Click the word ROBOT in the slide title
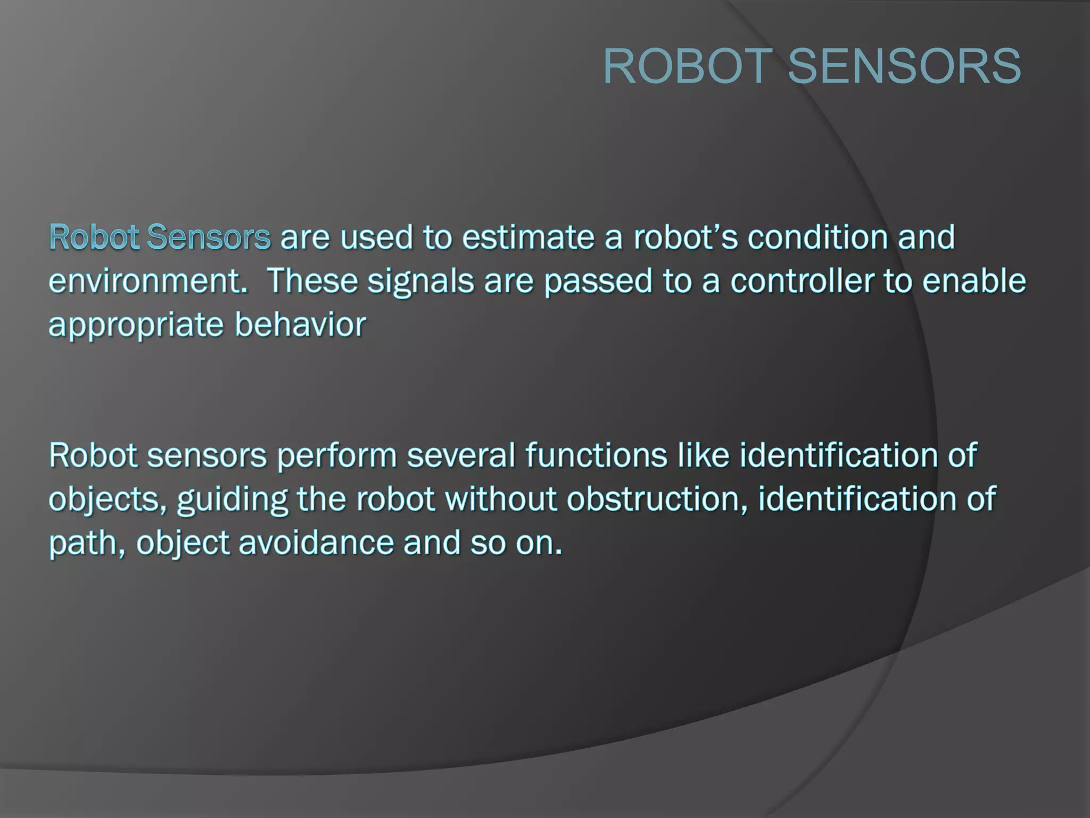coord(688,66)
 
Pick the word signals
coord(420,282)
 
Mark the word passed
coord(598,282)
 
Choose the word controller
coord(802,281)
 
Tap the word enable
coord(973,281)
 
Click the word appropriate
coord(136,326)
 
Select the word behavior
coord(300,325)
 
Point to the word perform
coord(336,456)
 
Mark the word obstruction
coord(657,500)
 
